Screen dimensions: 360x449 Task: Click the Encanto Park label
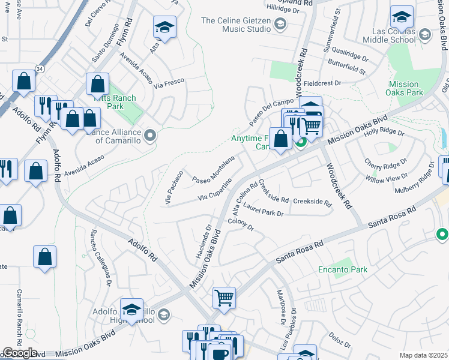pyautogui.click(x=343, y=270)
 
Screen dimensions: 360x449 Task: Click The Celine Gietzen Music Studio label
pyautogui.click(x=235, y=25)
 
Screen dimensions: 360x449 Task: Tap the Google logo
pyautogui.click(x=19, y=353)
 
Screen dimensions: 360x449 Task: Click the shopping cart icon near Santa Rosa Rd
pyautogui.click(x=224, y=296)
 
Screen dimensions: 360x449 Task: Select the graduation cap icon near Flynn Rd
pyautogui.click(x=164, y=27)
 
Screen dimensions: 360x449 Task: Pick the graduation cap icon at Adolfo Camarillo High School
pyautogui.click(x=131, y=310)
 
